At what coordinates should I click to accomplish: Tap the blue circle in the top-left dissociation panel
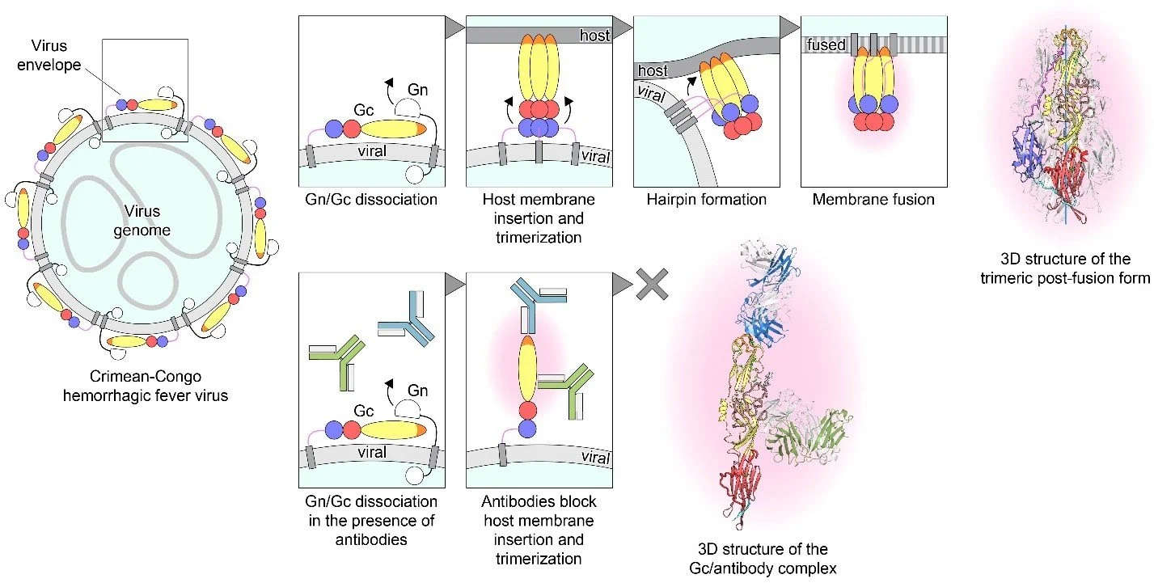click(x=333, y=129)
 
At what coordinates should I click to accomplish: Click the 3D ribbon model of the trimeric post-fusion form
click(x=1059, y=129)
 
